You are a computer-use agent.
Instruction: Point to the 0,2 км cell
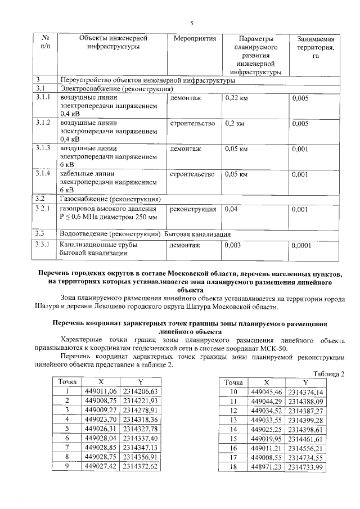click(x=234, y=123)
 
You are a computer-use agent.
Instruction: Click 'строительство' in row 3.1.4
click(x=192, y=174)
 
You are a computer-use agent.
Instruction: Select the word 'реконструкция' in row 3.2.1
click(x=193, y=209)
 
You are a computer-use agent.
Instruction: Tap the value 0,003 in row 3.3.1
click(x=234, y=245)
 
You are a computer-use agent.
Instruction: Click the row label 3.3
click(x=40, y=233)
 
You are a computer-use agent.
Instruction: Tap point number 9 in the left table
click(x=66, y=466)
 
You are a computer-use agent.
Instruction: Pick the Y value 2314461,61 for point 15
click(x=306, y=438)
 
